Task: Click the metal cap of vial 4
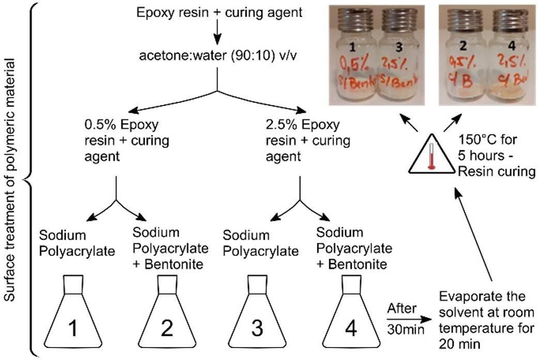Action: click(510, 20)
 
